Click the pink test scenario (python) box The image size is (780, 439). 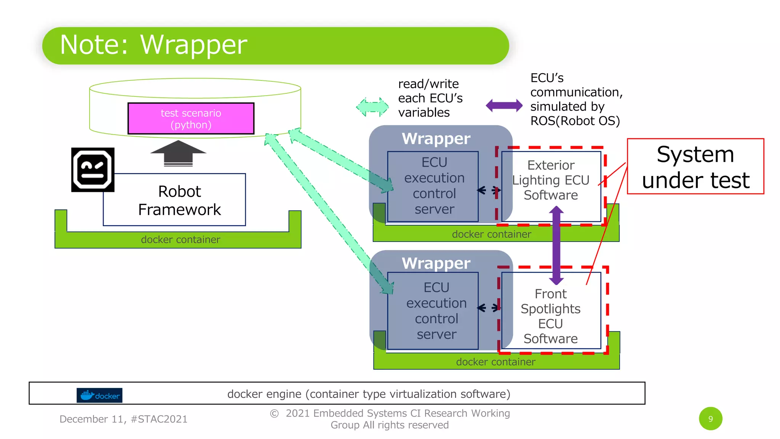pos(191,119)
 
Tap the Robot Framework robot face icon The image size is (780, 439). pos(93,170)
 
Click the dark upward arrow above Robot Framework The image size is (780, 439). pos(178,153)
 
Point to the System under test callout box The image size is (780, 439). pos(695,167)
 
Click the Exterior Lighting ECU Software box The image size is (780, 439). pos(551,180)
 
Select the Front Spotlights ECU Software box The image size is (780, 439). pos(551,316)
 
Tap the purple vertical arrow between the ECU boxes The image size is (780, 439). pos(556,245)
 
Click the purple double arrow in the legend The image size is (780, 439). pos(504,106)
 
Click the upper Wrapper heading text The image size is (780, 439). pos(436,139)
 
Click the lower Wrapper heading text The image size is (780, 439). pos(436,263)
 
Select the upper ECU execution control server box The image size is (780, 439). pos(434,186)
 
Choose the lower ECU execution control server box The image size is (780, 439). pos(436,311)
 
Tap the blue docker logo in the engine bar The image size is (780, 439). pos(99,395)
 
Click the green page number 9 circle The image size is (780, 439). pos(710,419)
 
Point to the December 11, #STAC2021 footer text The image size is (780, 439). pos(123,419)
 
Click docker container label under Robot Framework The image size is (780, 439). pos(181,240)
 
